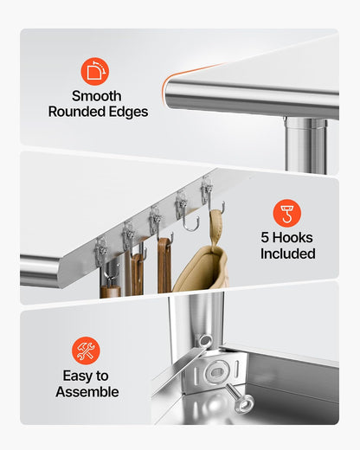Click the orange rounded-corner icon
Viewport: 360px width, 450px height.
[94, 71]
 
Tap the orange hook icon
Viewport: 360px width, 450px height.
[287, 213]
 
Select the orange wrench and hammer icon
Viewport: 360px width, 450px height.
[86, 350]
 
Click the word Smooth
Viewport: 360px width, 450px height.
[97, 96]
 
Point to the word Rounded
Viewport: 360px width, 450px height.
[73, 112]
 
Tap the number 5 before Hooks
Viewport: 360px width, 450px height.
[265, 238]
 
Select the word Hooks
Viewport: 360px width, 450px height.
[292, 238]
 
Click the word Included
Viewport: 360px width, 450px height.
[288, 254]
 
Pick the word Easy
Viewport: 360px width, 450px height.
[77, 376]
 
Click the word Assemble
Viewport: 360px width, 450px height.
[87, 392]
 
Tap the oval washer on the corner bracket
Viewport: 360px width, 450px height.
[216, 373]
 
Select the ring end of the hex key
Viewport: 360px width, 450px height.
[204, 341]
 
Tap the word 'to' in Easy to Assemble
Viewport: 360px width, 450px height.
[102, 376]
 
